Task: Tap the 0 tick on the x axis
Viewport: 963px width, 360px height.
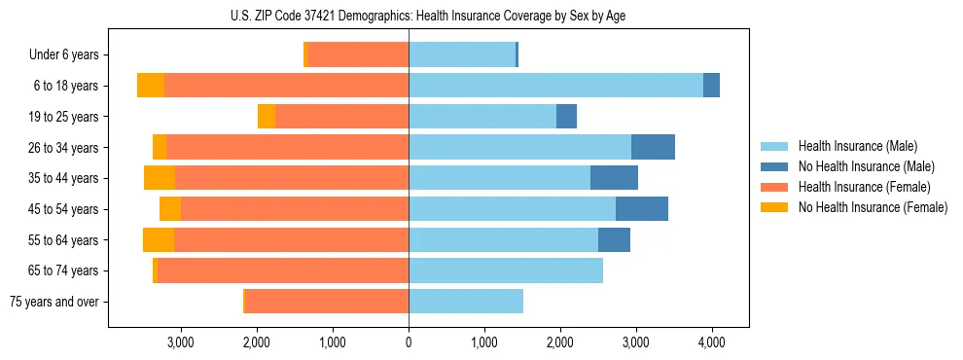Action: click(x=409, y=342)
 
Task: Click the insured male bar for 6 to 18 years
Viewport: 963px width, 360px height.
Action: click(x=555, y=86)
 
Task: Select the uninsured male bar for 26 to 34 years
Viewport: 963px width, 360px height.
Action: click(x=653, y=147)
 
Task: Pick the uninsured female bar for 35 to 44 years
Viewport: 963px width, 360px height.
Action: click(x=160, y=178)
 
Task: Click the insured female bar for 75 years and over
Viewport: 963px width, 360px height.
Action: click(x=326, y=302)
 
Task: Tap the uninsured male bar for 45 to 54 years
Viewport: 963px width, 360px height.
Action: click(x=641, y=209)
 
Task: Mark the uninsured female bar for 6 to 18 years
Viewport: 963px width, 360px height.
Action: click(x=151, y=86)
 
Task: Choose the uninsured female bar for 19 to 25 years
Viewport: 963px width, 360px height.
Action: click(x=267, y=117)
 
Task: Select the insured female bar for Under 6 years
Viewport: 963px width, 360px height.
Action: click(x=357, y=55)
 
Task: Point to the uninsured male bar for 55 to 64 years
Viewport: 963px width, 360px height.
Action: click(x=614, y=240)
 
